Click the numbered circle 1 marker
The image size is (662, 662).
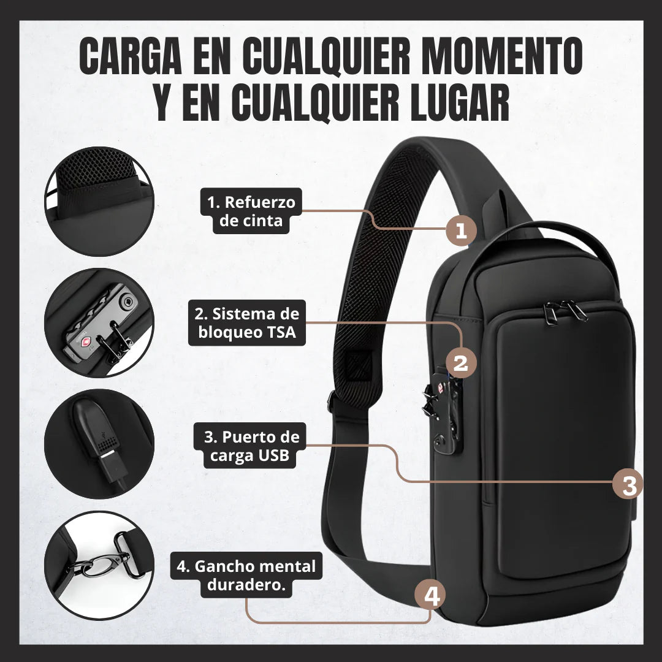click(x=461, y=230)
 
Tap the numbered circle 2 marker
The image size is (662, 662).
click(x=461, y=362)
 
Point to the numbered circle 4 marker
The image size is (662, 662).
click(x=432, y=596)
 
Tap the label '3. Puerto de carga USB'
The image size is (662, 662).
click(x=251, y=446)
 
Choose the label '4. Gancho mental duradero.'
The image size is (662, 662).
click(x=246, y=575)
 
